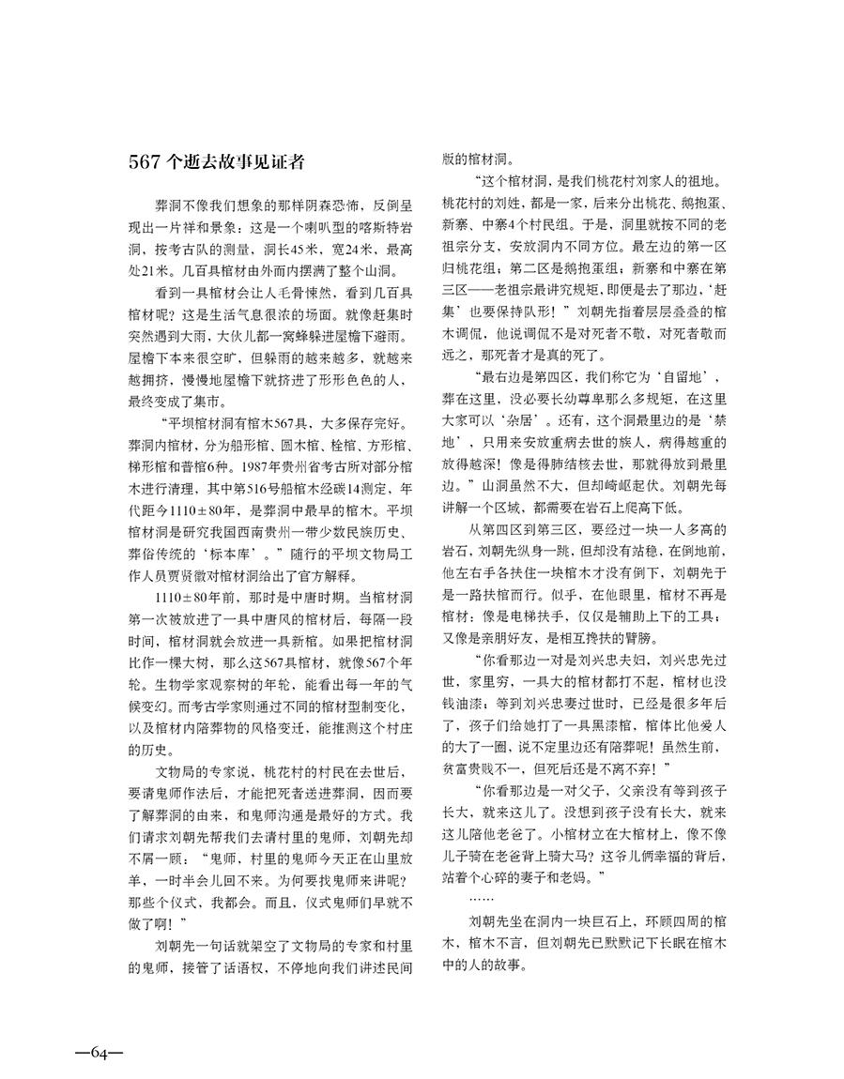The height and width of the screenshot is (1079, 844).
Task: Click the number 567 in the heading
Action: coord(146,160)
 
